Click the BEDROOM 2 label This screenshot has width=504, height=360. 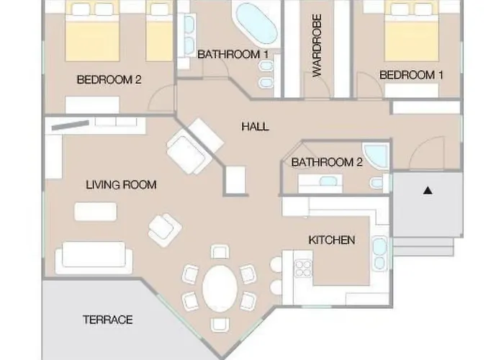pos(109,79)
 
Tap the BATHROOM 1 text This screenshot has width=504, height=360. pos(233,54)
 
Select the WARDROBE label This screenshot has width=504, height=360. pos(317,45)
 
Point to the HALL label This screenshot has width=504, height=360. pos(255,126)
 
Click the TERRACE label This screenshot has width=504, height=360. pos(108,320)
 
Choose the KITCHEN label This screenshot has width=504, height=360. pos(332,240)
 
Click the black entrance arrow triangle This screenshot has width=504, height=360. pos(428,191)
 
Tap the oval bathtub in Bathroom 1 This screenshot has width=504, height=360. pos(256,23)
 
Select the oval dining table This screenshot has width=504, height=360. pos(220,288)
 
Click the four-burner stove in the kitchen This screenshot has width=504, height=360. pos(303,269)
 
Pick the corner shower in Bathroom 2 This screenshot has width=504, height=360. pos(376,156)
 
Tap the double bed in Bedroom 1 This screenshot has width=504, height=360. pos(412,31)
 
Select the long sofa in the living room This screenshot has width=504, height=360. pos(94,258)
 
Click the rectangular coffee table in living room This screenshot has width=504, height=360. pos(96,212)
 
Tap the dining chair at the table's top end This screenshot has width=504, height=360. pos(220,252)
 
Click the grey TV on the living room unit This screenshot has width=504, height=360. pos(71,125)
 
